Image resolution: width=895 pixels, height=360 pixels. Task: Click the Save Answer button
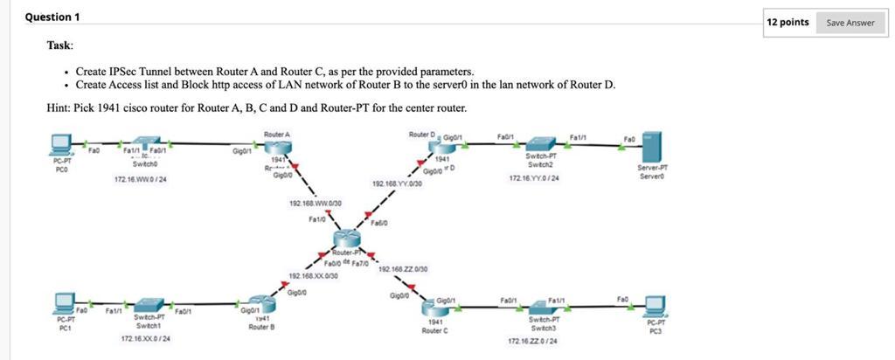850,22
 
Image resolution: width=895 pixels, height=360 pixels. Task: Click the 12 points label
788,22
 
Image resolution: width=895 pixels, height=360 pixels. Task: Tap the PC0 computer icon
60,142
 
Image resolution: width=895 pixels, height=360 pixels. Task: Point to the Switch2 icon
544,144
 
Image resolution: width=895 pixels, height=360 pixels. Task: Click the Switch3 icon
544,305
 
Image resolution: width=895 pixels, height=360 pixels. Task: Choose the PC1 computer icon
63,304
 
